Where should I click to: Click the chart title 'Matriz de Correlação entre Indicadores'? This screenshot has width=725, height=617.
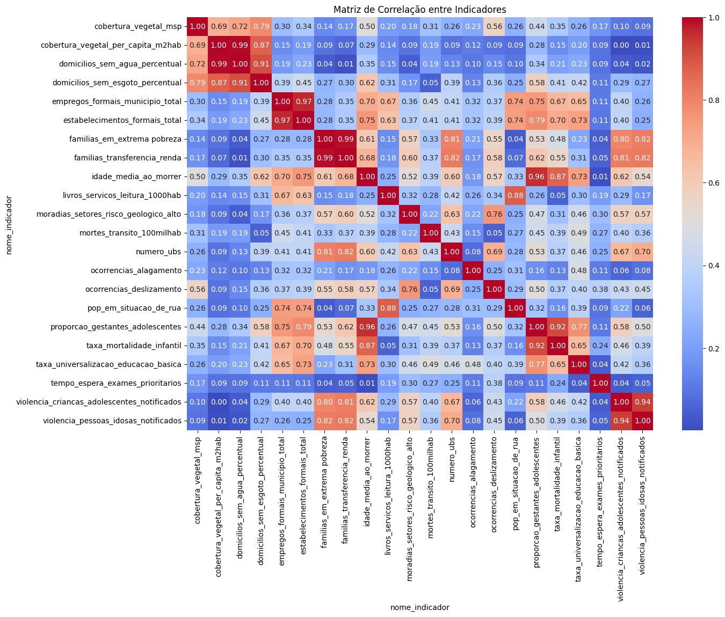coord(419,10)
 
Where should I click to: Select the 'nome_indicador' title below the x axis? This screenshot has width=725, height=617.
coord(419,607)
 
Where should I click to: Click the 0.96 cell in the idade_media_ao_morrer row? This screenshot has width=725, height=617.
coord(536,177)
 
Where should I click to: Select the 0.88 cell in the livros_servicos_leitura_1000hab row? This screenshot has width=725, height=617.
coord(515,195)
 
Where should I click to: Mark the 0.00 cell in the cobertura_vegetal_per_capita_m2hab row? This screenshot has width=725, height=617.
coord(621,45)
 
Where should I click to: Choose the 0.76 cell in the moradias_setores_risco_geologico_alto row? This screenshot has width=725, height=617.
coord(494,214)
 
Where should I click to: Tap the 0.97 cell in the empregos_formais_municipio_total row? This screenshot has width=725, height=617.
coord(303,101)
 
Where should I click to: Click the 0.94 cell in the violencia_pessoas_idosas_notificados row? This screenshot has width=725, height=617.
coord(621,421)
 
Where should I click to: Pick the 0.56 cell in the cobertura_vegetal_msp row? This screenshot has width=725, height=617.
coord(494,26)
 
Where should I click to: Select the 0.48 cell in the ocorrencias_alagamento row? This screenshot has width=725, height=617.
coord(578,270)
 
